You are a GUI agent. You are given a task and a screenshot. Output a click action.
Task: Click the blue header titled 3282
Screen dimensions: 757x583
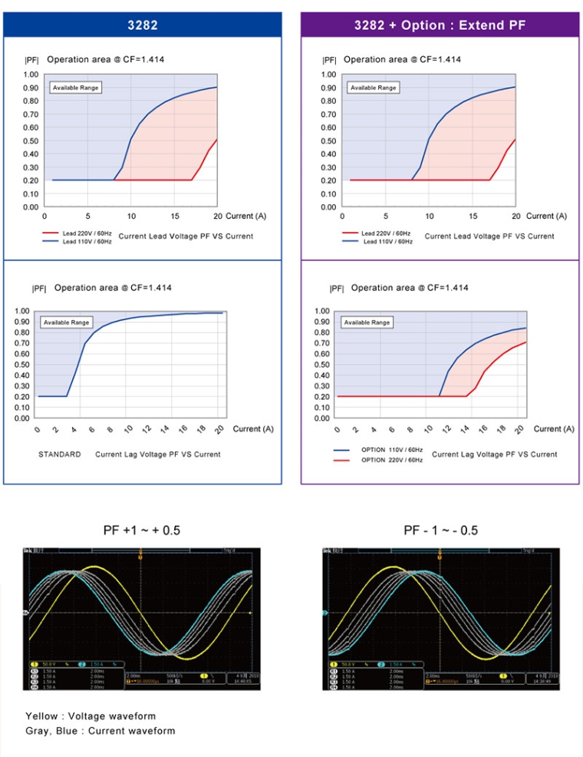[x=142, y=25]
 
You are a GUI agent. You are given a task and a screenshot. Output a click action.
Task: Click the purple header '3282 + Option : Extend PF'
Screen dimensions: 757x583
[x=440, y=25]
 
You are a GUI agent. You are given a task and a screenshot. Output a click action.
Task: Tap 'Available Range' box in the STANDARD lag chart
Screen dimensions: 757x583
[x=67, y=322]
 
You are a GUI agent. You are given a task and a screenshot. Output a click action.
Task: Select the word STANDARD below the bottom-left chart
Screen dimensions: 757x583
[x=60, y=455]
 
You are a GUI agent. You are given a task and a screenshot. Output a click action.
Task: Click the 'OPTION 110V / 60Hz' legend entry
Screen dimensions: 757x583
[x=391, y=449]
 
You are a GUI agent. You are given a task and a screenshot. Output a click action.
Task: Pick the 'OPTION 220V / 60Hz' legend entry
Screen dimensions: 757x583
[x=391, y=460]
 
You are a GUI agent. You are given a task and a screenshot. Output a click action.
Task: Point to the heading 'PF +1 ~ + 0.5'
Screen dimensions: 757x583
[x=141, y=531]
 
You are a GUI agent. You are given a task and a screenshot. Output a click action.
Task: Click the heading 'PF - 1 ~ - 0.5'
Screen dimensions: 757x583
[x=440, y=531]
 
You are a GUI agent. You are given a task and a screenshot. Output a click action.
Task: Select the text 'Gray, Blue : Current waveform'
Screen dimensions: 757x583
[x=100, y=731]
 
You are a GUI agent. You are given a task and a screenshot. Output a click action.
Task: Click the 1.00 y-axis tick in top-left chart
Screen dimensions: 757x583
[x=30, y=74]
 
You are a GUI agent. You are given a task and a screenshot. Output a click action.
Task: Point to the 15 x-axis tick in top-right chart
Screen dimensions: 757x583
[x=473, y=216]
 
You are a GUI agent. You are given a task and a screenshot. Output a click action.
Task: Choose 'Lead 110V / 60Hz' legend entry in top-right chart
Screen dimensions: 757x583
[x=387, y=242]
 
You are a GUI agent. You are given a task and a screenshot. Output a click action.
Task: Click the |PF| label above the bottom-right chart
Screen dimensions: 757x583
[x=337, y=289]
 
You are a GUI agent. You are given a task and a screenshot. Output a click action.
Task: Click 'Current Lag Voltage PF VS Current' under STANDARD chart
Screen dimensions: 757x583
[x=158, y=455]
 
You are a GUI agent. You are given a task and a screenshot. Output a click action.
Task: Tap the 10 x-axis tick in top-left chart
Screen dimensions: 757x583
[x=131, y=216]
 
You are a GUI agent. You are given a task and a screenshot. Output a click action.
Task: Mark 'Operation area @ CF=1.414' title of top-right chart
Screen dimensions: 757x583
[x=403, y=59]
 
